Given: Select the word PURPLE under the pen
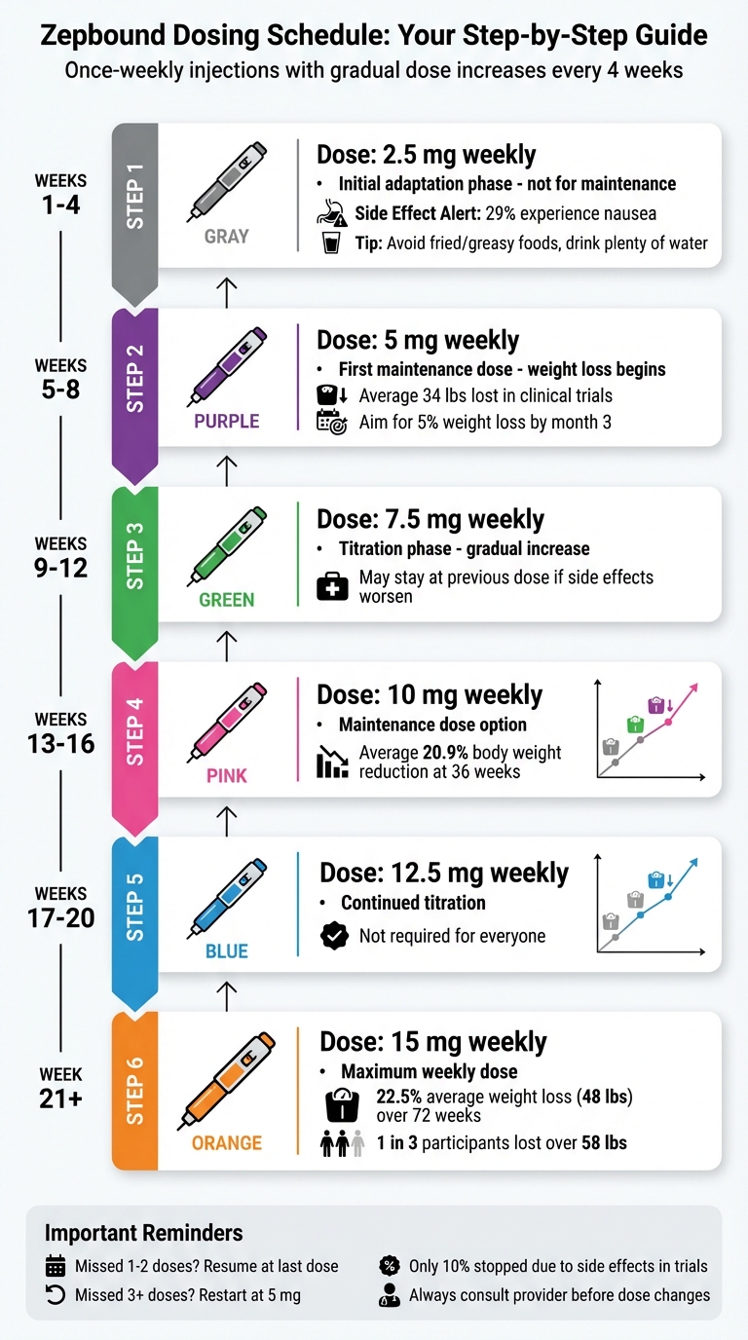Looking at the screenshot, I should [226, 422].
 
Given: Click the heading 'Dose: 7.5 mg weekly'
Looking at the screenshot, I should [430, 519].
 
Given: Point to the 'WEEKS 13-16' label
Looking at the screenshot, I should [60, 733].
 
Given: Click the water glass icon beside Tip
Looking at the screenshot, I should [331, 242].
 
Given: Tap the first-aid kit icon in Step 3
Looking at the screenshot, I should [332, 587].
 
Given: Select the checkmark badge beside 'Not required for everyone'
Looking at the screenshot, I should [334, 937].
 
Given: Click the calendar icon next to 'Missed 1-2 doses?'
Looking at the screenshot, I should [56, 1267].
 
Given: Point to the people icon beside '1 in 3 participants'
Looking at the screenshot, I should [342, 1143].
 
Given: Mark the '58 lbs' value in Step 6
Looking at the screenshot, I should [605, 1143].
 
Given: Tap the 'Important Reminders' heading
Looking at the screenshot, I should [143, 1233].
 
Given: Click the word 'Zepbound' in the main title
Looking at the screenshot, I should [107, 36].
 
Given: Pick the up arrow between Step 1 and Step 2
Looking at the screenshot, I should [226, 288].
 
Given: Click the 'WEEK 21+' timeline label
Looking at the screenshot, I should [60, 1088].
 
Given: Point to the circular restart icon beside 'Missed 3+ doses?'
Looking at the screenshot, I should [55, 1295].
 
